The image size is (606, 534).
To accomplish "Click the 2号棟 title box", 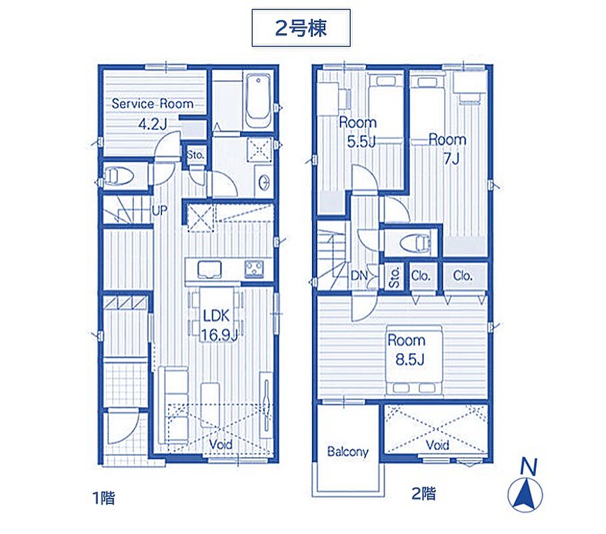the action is click(301, 28).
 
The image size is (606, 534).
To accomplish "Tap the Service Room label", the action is click(152, 103).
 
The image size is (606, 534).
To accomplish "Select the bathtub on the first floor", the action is click(258, 101).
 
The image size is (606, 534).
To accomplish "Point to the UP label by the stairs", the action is click(159, 210).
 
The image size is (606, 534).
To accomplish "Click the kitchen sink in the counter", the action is click(209, 269).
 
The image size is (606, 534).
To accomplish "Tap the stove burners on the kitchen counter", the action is click(254, 269).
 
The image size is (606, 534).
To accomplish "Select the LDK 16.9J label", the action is click(217, 326).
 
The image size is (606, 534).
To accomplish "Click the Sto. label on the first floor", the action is click(195, 155).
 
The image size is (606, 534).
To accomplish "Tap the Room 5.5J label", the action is click(357, 132).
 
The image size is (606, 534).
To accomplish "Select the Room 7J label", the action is click(447, 149).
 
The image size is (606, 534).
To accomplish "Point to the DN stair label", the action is click(359, 276).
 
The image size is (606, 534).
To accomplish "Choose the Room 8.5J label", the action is click(407, 350).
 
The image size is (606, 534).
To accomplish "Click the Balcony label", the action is click(347, 452).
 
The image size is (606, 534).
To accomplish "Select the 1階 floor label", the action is click(103, 497).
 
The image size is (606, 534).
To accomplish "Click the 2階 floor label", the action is click(423, 493).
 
